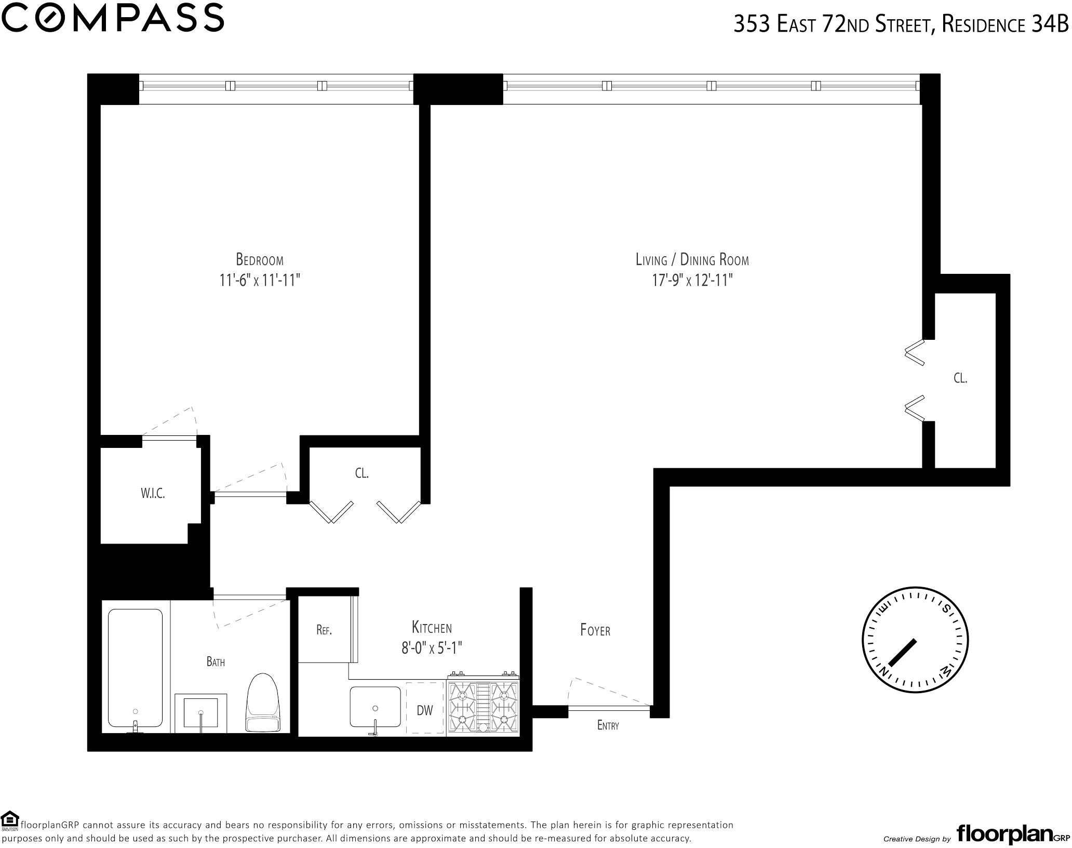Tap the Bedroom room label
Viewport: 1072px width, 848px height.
260,259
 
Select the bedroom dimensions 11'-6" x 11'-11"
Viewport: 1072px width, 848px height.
260,281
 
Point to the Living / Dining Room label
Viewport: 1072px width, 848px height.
692,259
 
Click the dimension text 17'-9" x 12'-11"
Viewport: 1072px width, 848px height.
692,281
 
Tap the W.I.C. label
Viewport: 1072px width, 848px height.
153,494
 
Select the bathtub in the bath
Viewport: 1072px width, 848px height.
135,670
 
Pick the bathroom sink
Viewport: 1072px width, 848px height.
201,712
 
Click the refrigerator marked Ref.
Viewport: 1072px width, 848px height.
324,630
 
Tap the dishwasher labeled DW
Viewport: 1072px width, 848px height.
425,709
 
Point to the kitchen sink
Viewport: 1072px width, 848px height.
376,707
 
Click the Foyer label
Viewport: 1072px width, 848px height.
595,630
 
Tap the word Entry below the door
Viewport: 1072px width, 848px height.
608,725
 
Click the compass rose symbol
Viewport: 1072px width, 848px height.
915,641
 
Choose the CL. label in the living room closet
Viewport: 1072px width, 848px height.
960,378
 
